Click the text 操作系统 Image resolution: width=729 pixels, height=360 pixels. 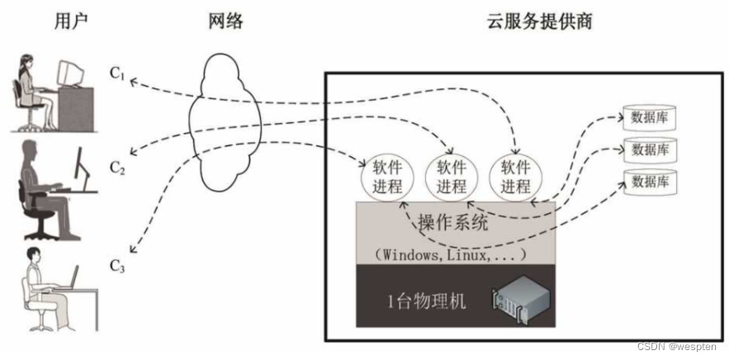coord(454,223)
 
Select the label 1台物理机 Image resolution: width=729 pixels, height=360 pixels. coord(425,301)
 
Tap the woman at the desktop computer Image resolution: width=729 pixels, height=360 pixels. coord(41,91)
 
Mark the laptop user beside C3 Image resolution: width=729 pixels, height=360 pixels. coord(45,285)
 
